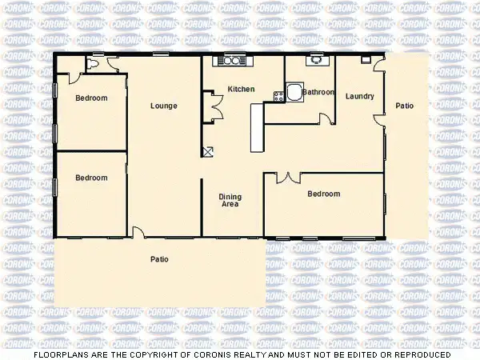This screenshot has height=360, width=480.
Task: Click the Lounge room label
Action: tap(164, 106)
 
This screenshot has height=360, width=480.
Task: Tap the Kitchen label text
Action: tap(241, 89)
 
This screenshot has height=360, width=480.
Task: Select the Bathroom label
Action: tap(318, 92)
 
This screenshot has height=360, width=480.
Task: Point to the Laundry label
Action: tap(359, 97)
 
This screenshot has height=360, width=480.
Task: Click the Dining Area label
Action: tap(230, 200)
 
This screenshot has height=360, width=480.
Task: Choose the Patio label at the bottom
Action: tap(159, 259)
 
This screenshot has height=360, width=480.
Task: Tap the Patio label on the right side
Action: tap(405, 106)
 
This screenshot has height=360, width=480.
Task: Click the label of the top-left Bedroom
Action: tap(91, 99)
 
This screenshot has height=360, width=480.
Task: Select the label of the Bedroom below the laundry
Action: tap(324, 194)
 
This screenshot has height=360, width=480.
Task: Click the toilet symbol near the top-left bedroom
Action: tap(94, 63)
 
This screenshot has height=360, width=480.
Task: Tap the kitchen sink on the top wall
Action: tap(232, 60)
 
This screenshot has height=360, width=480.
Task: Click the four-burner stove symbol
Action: tap(278, 96)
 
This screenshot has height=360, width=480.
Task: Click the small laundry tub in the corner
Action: tap(366, 60)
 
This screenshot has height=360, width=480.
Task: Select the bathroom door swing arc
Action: tap(326, 118)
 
